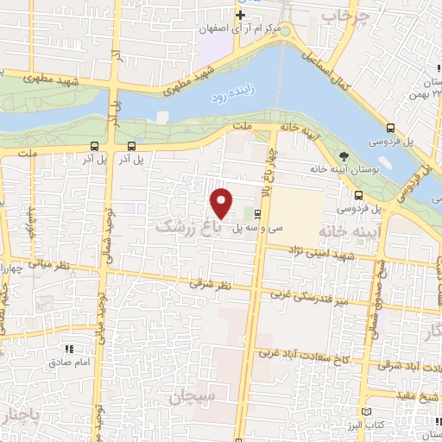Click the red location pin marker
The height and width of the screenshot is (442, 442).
[x=223, y=203]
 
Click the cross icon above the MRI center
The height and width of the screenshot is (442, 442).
[x=240, y=15]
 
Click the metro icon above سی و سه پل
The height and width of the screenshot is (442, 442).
[x=258, y=213]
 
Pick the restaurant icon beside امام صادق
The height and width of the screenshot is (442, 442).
[x=68, y=350]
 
